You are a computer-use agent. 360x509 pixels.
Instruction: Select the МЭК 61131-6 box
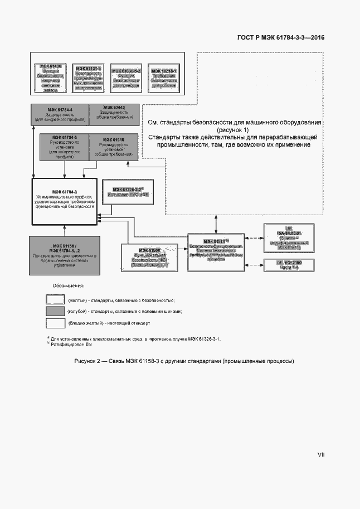click(x=87, y=77)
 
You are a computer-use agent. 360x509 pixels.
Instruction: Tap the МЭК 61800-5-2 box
click(x=127, y=77)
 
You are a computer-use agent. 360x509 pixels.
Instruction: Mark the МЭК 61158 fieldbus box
click(x=65, y=255)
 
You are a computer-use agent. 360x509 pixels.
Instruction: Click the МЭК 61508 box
click(x=146, y=258)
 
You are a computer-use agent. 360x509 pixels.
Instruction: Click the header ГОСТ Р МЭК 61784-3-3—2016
click(x=281, y=38)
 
